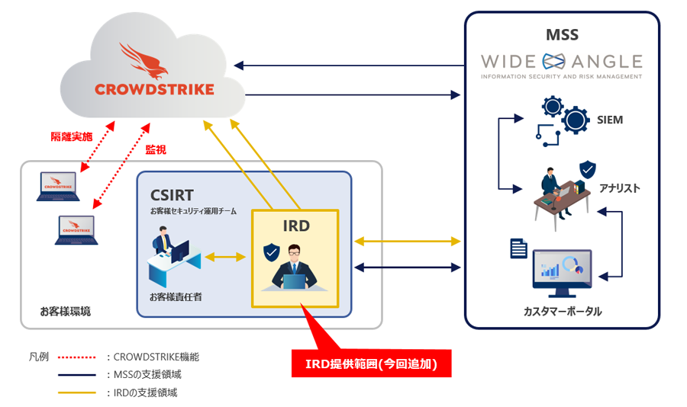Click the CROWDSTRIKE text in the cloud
pyautogui.click(x=154, y=89)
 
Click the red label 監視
pyautogui.click(x=156, y=150)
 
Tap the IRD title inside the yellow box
pyautogui.click(x=296, y=226)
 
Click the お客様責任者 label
pyautogui.click(x=176, y=296)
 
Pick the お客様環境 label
pyautogui.click(x=66, y=311)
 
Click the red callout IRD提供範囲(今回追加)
pyautogui.click(x=372, y=364)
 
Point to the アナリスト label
pyautogui.click(x=619, y=187)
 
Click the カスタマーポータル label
pyautogui.click(x=562, y=311)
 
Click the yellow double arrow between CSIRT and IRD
pyautogui.click(x=225, y=258)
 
